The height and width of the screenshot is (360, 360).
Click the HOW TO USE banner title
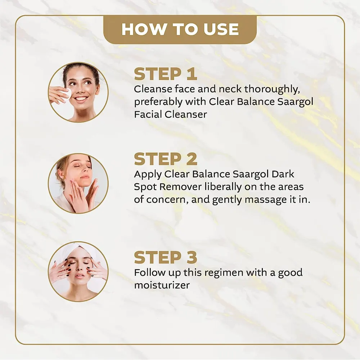pyautogui.click(x=180, y=29)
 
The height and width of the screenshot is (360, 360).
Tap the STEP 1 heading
pyautogui.click(x=166, y=74)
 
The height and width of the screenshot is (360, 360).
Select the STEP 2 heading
pyautogui.click(x=166, y=159)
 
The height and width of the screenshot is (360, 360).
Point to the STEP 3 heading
pyautogui.click(x=166, y=257)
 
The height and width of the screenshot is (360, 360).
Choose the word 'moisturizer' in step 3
pyautogui.click(x=162, y=285)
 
